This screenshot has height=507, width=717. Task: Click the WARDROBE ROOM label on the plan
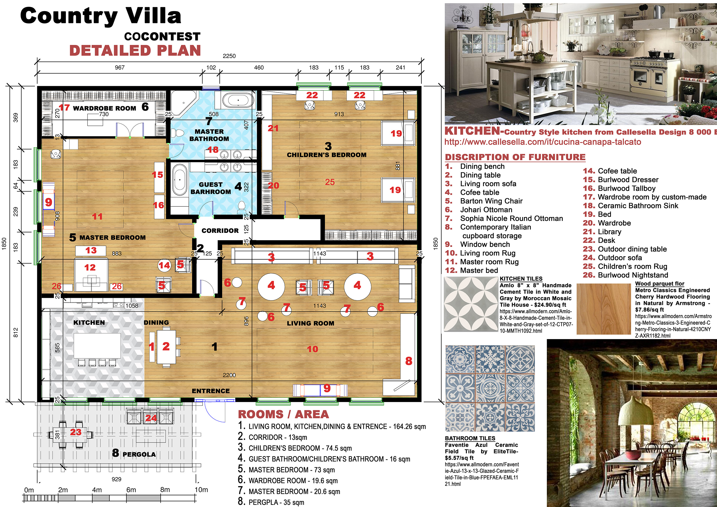104,108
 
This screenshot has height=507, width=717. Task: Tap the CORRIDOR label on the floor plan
220,231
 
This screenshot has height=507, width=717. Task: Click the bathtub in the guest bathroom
180,180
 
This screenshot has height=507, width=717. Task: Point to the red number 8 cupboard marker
409,361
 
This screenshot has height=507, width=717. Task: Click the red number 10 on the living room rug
312,349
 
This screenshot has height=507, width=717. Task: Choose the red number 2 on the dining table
166,346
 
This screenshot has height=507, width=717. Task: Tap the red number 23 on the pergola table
76,432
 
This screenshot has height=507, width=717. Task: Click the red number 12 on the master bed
90,268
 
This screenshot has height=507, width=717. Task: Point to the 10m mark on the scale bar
201,490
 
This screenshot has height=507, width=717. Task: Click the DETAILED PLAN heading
135,50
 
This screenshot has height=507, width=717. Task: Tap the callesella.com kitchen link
543,142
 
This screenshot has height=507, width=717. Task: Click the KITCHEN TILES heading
521,279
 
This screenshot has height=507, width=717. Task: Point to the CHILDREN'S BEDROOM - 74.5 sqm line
295,448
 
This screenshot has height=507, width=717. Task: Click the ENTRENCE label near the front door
211,391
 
